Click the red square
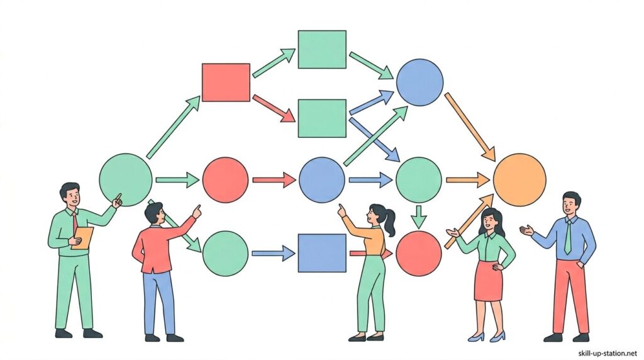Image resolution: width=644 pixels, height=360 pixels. coord(226,82)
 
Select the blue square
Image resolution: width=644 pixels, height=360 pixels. coord(321,253)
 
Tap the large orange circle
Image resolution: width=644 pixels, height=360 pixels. coord(519,180)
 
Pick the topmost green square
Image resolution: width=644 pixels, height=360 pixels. coord(321,49)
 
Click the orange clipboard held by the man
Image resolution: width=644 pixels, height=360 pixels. coord(82,238)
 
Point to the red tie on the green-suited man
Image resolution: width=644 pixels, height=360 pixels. coord(75,222)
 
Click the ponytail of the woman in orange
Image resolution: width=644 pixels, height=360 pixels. coord(391,222)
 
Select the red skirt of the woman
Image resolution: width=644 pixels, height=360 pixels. coord(488,281)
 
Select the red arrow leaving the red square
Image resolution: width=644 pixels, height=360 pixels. coord(274,108)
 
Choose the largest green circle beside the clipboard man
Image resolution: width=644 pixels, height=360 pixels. coord(126,179)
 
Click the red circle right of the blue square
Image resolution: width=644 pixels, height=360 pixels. coord(419,253)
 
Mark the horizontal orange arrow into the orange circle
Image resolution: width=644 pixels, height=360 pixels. coord(467,180)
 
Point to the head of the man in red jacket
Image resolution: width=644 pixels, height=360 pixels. coord(154,213)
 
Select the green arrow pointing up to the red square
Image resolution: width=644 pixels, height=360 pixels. coord(173,127)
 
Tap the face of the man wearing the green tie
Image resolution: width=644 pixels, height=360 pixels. coord(570,205)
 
